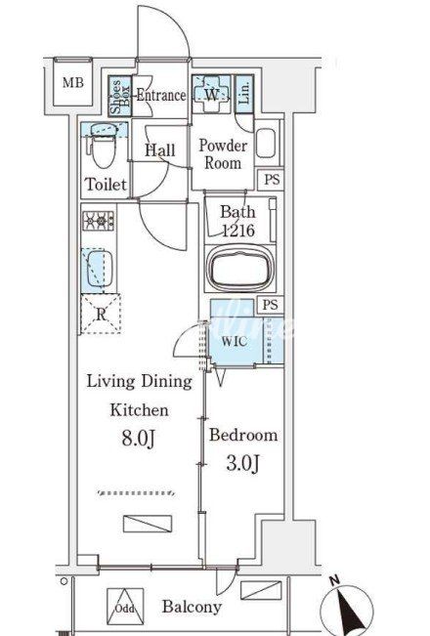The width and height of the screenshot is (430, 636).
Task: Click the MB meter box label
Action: coord(73,83)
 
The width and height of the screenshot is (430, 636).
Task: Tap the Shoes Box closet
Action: coord(120,96)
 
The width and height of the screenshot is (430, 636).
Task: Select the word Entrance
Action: coord(161,96)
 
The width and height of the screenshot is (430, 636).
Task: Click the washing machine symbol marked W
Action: coord(211,95)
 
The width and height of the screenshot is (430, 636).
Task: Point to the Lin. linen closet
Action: coord(244,94)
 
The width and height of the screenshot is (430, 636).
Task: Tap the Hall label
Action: coord(160,150)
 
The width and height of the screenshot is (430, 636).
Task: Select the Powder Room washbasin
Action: coord(266,143)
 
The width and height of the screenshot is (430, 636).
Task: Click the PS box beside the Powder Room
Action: coord(271,179)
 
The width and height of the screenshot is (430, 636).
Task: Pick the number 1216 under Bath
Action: coord(238,231)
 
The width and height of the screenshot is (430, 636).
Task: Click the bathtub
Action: coord(240,269)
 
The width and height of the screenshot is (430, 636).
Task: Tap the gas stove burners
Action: coord(99,221)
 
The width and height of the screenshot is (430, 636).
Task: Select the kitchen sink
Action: coord(97,268)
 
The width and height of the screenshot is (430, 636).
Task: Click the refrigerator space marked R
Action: coord(101,314)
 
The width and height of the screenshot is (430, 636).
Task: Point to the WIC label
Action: coord(235,341)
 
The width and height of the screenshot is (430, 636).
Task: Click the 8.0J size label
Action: coord(139,438)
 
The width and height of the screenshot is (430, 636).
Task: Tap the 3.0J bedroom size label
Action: coord(242,463)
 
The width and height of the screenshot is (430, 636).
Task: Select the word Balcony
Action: coord(192,607)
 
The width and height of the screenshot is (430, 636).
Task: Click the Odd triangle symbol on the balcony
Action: coord(125,607)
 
